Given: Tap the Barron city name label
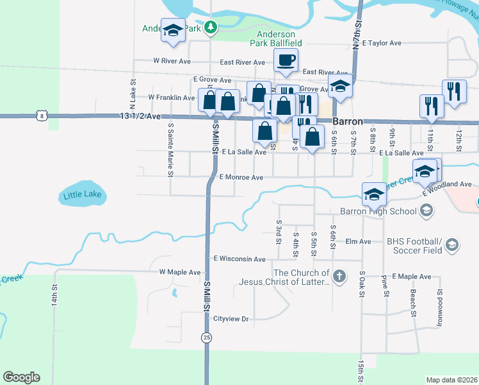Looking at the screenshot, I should pos(348,121).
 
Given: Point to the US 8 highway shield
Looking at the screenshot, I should pos(42,116).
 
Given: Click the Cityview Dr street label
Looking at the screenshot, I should pos(231,318).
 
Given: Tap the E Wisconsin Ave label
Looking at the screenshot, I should pos(239,259).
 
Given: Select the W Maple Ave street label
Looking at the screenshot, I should pos(180,272).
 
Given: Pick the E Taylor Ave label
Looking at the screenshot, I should pos(381,43).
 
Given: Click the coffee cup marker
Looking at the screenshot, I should pos(286,60).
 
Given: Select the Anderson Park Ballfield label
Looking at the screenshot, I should pos(276,38).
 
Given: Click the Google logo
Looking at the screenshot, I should pos(22,377).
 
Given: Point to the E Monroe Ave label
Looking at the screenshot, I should pos(241,177).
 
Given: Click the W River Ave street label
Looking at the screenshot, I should pos(172,61).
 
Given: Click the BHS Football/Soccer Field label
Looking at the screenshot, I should pos(414,246).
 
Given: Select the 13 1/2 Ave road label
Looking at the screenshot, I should pos(140,116).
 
